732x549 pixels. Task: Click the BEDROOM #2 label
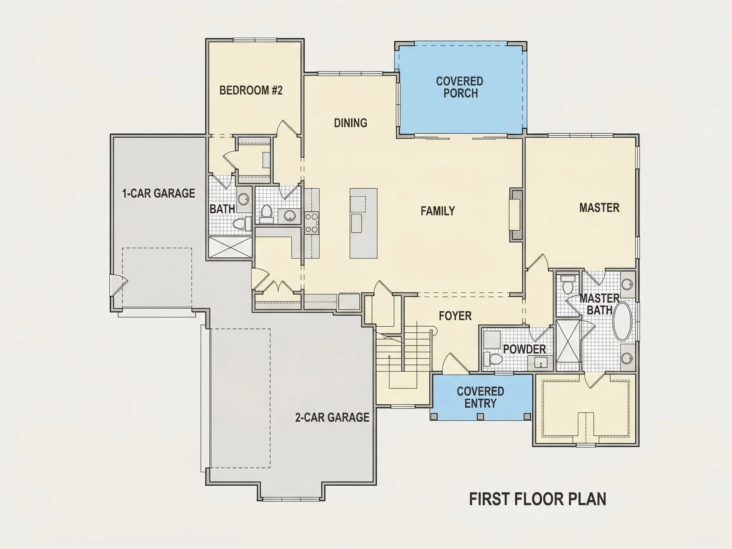coord(251,90)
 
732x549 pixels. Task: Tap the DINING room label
coord(350,123)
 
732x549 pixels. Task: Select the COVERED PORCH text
coord(460,87)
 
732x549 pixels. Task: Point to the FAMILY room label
coord(438,211)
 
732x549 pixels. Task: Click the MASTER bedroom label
coord(599,207)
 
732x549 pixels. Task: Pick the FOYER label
coord(455,316)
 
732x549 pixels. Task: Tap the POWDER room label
coord(525,349)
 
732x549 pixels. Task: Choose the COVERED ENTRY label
coord(480,397)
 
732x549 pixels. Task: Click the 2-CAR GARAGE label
coord(332,417)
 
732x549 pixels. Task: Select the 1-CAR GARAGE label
coord(159,193)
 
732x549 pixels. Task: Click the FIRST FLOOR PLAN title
coord(538,499)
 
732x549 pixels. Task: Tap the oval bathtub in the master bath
coord(622,321)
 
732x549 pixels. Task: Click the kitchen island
coord(363,223)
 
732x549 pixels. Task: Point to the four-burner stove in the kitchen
coord(311,223)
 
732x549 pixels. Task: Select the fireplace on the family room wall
coord(515,214)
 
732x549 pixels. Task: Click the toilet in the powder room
coord(493,358)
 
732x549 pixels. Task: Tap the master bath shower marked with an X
coord(568,341)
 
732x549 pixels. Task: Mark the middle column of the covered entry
coord(481,416)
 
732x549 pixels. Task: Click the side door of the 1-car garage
coord(119,285)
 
